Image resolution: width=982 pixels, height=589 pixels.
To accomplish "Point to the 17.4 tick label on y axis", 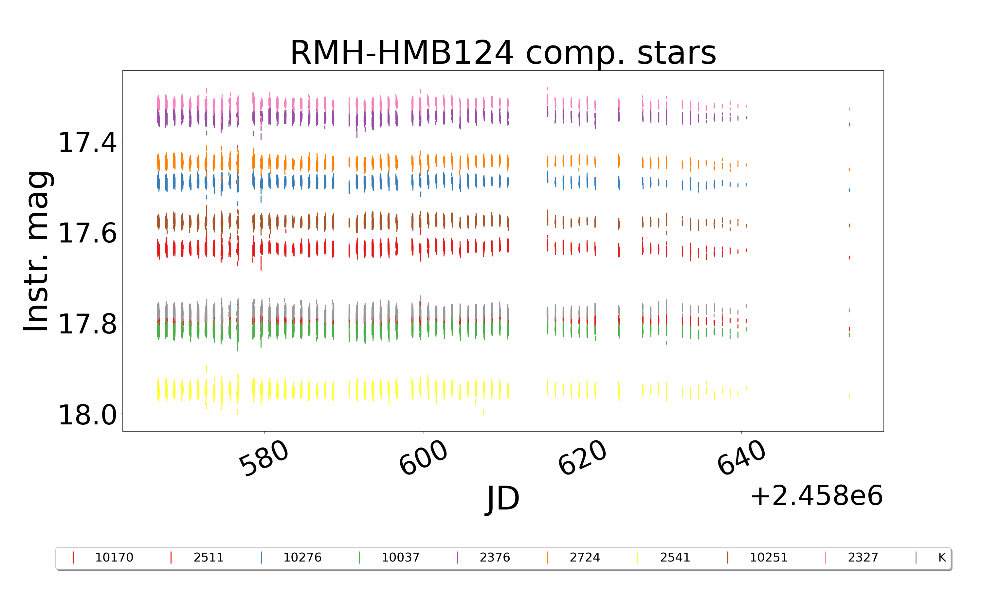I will [87, 142].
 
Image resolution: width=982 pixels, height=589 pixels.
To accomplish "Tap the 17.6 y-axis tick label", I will [87, 233].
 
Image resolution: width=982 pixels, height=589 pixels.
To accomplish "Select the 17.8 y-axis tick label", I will [87, 324].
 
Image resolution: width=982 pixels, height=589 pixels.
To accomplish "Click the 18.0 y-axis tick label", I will [87, 415].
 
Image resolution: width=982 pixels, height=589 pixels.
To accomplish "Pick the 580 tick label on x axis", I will [264, 458].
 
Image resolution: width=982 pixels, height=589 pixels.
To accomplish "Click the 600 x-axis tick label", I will [423, 458].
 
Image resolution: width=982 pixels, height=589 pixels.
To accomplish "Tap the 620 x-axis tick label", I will [582, 458].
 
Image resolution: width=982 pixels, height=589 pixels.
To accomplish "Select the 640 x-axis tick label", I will [741, 458].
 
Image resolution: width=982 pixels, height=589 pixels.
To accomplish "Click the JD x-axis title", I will [503, 498].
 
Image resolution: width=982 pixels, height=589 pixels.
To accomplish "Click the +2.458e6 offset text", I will [816, 496].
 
